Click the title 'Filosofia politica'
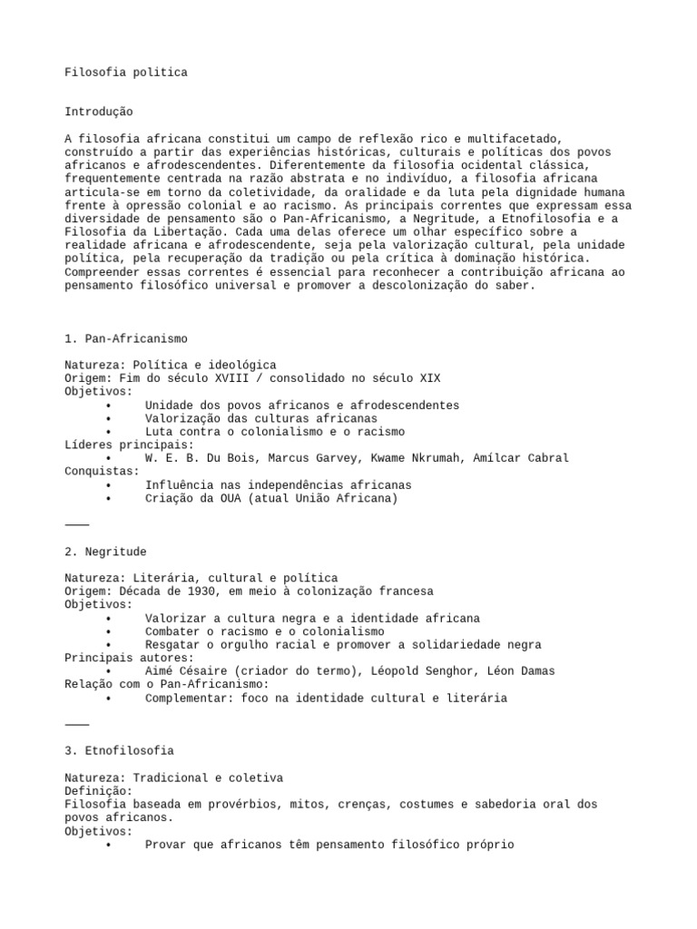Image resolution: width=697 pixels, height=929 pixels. (126, 73)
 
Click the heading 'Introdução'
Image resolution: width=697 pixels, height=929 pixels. (99, 112)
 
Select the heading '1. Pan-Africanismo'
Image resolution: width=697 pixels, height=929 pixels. (126, 338)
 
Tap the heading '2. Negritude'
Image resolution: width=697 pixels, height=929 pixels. (105, 552)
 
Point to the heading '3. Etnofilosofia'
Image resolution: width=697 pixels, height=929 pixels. (119, 751)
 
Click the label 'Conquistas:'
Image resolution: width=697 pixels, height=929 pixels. (103, 472)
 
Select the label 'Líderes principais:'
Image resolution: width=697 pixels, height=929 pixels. (129, 445)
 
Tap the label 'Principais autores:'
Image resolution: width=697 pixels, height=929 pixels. (129, 658)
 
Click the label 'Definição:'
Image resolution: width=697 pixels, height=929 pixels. (99, 791)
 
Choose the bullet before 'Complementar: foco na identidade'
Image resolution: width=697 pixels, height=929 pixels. (109, 699)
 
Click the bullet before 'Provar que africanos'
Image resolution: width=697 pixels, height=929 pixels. (109, 845)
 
